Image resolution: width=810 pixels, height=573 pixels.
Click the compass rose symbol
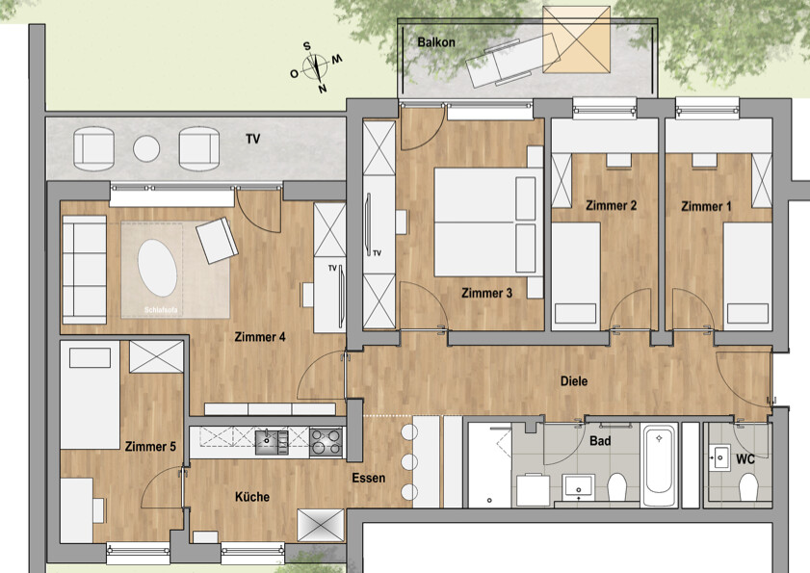pyautogui.click(x=316, y=66)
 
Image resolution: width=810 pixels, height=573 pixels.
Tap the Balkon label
pyautogui.click(x=436, y=43)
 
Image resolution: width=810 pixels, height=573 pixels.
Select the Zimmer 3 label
pyautogui.click(x=486, y=293)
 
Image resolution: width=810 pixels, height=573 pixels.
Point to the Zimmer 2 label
pyautogui.click(x=612, y=205)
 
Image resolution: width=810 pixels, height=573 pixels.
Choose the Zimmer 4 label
pyautogui.click(x=260, y=337)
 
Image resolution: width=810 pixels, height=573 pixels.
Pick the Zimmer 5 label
pyautogui.click(x=149, y=446)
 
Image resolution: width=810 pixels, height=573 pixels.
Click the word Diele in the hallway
pyautogui.click(x=574, y=381)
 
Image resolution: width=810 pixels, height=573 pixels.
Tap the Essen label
pyautogui.click(x=369, y=478)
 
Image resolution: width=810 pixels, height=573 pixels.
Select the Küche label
pyautogui.click(x=252, y=497)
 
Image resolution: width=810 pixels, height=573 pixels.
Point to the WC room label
pyautogui.click(x=745, y=460)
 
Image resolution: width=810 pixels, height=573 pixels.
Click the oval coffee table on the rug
pyautogui.click(x=157, y=268)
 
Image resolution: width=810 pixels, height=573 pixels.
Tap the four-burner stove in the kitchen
pyautogui.click(x=326, y=441)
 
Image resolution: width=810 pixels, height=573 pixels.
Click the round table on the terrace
pyautogui.click(x=145, y=148)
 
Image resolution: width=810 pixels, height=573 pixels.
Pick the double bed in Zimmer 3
pyautogui.click(x=484, y=222)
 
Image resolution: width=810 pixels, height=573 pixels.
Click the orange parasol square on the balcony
pyautogui.click(x=576, y=39)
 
